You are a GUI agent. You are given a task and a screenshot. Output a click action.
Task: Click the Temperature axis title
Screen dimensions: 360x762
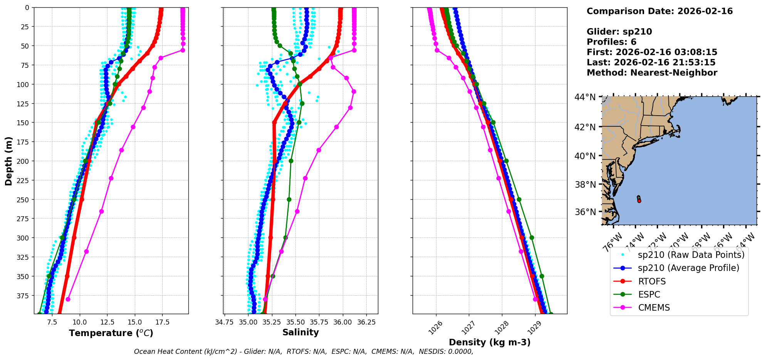point(111,333)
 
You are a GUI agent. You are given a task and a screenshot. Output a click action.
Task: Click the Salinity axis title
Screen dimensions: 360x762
point(300,332)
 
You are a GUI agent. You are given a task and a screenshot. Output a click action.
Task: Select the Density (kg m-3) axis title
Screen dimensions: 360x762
point(490,342)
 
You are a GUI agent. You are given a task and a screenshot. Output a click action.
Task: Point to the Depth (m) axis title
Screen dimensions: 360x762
point(9,161)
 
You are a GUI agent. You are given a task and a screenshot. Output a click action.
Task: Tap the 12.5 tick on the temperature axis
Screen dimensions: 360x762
point(107,322)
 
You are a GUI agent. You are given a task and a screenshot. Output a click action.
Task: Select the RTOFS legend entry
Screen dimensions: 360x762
point(652,281)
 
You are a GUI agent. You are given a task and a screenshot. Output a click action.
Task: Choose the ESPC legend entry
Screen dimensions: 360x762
point(649,294)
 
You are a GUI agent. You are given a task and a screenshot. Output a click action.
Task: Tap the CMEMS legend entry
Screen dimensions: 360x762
point(654,308)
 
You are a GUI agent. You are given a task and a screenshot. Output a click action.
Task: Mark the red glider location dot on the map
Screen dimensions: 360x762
point(639,201)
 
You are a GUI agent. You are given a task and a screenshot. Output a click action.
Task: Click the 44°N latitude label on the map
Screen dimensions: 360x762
point(585,97)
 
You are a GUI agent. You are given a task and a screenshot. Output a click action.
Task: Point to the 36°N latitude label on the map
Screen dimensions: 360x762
point(585,212)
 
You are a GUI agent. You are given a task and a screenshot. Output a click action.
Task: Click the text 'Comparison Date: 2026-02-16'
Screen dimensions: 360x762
point(660,11)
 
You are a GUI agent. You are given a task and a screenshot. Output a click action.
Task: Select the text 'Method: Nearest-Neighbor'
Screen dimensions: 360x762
point(652,73)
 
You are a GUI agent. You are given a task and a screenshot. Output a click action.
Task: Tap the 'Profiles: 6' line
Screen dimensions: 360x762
point(611,42)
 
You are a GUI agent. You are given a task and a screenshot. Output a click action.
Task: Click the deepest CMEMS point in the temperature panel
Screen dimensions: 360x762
point(68,299)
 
